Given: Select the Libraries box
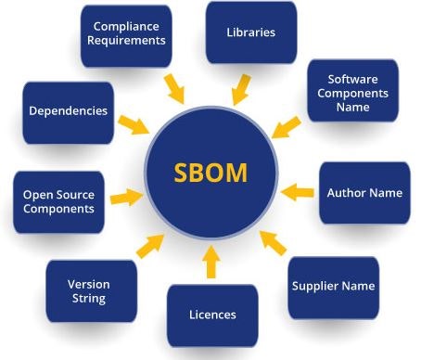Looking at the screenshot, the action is (250, 33).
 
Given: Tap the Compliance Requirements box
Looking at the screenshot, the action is (125, 35).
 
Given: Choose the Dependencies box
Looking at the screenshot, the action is (68, 111).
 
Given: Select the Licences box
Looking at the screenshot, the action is (210, 315).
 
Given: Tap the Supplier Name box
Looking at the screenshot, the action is (332, 287).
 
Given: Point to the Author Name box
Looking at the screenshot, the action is (364, 193).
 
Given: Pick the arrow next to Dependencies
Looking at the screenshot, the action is (133, 123).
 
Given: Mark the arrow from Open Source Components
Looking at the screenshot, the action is (126, 197).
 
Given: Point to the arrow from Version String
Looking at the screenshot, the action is (148, 245).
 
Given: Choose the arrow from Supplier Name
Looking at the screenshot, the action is (273, 243).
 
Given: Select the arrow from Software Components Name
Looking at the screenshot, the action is (288, 130).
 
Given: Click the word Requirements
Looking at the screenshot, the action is (129, 42).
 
